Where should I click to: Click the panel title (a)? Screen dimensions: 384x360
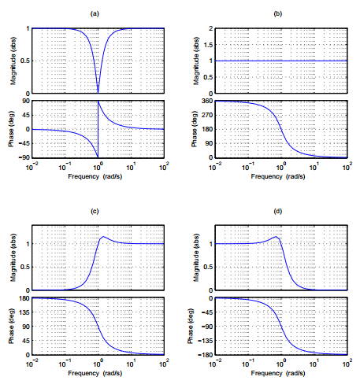(x=95, y=13)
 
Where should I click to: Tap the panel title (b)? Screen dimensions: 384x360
(x=277, y=13)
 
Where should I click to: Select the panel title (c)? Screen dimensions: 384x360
(x=95, y=211)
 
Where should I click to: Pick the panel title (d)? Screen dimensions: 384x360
(x=277, y=211)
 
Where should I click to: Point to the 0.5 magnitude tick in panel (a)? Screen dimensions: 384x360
(x=24, y=61)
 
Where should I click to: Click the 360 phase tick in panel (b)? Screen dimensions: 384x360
(x=206, y=102)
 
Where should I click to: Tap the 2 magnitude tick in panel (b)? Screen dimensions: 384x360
(x=210, y=28)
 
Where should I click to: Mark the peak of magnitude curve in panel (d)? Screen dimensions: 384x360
(x=275, y=237)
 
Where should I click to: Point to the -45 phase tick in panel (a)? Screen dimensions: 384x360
(x=24, y=143)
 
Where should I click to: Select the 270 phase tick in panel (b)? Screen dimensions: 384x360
(x=206, y=116)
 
